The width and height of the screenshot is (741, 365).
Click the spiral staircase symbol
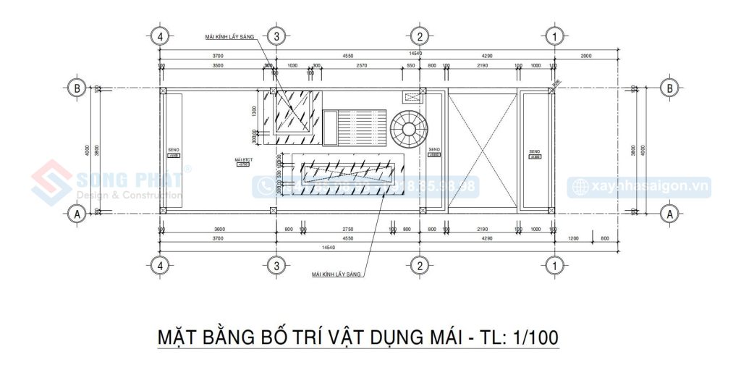pos(410,131)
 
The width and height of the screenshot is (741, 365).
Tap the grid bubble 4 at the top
pos(161,35)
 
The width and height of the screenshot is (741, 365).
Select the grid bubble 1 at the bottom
pos(554,266)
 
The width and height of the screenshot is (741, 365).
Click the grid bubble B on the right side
pos(670,89)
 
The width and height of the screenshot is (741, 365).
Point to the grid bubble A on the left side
pos(75,214)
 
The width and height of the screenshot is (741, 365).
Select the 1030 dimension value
pos(293,66)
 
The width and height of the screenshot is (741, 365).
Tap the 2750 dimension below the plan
pos(347,229)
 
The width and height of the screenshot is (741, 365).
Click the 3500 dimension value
pos(212,66)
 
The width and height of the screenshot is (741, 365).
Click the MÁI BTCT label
pos(242,159)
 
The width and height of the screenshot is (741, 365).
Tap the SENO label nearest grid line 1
pos(535,151)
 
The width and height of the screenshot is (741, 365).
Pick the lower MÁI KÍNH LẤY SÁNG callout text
pos(336,275)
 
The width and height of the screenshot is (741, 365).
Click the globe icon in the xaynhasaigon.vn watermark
pos(580,187)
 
